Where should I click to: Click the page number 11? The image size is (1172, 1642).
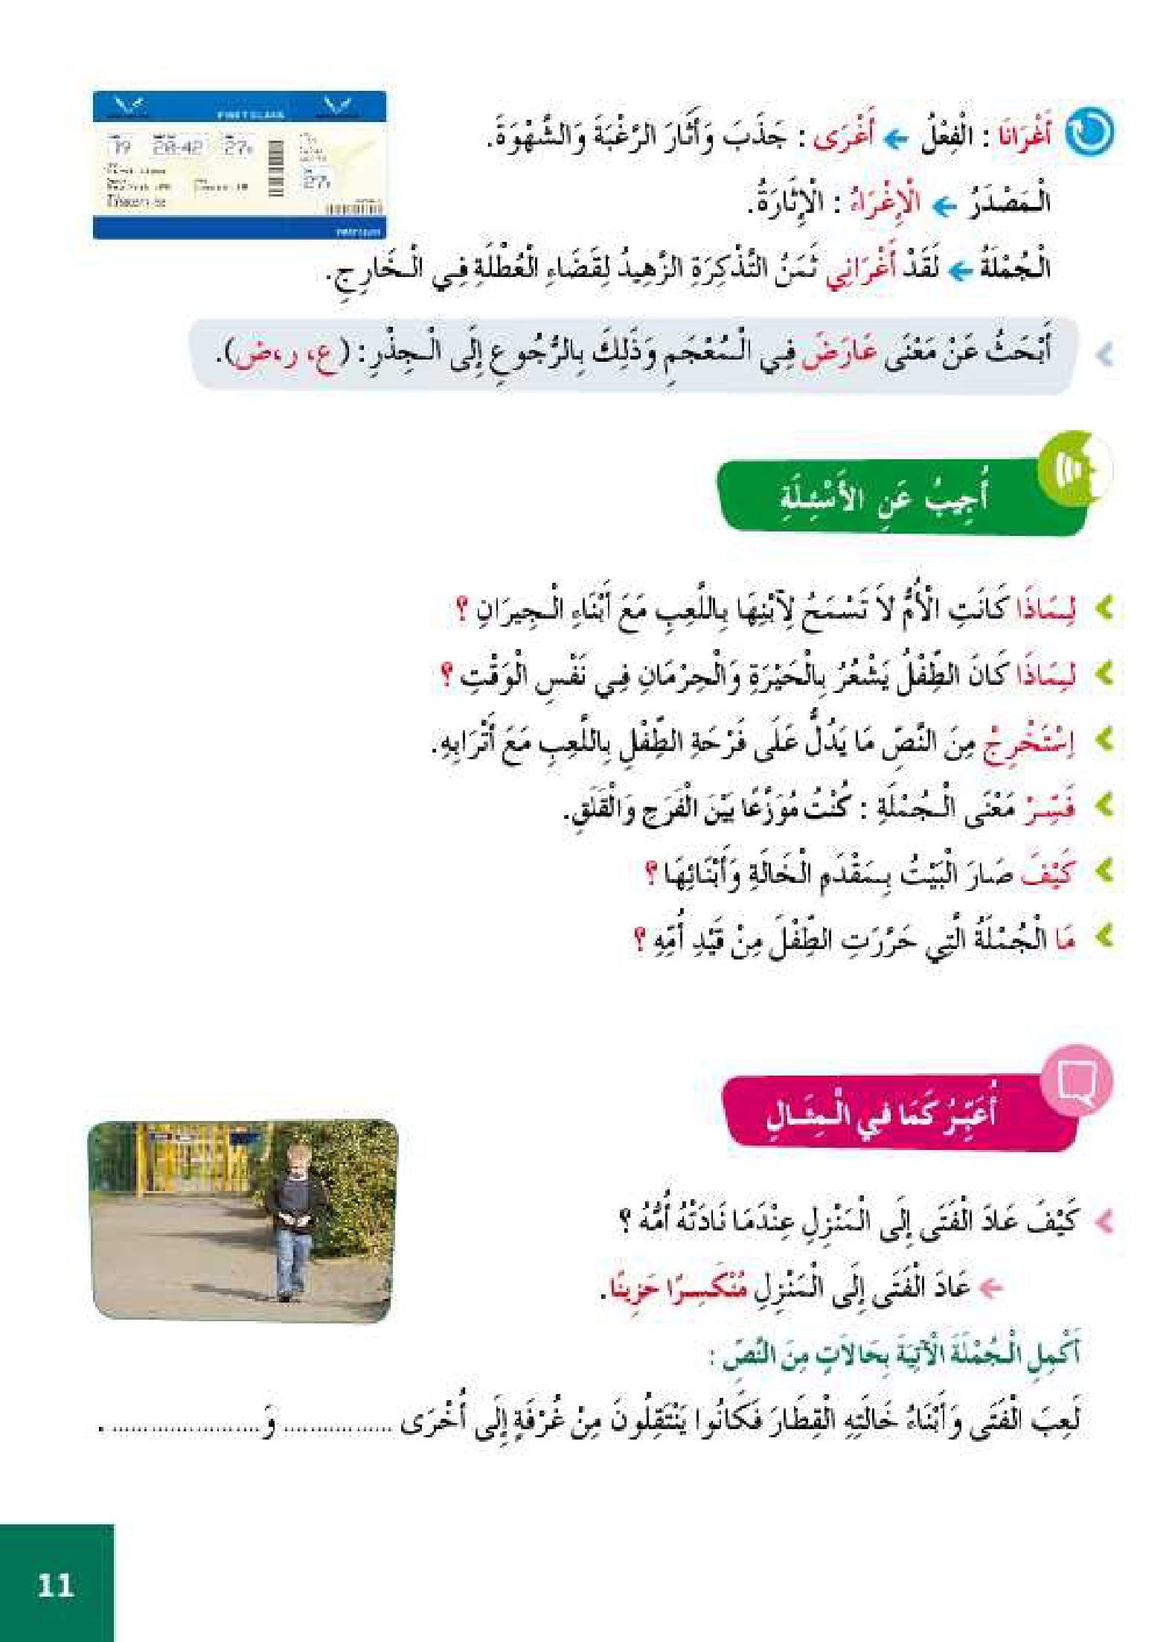(55, 1584)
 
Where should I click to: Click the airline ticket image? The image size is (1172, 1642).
(239, 164)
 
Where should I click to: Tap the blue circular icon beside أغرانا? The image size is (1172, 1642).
(1089, 132)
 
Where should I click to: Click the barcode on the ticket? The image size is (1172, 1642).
(275, 168)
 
